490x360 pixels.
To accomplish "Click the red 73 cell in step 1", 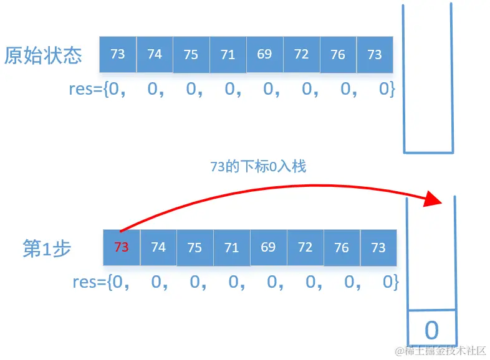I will [x=122, y=247].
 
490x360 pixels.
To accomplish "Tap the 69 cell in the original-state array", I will [x=264, y=54].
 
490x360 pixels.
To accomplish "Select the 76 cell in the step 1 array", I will [x=342, y=247].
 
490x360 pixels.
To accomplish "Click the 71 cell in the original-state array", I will [x=228, y=54].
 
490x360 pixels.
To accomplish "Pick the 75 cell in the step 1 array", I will [x=195, y=247].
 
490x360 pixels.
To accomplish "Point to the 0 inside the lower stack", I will [x=431, y=329].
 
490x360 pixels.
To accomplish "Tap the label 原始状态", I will [x=43, y=56].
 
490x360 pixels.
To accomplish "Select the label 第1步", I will [x=47, y=249].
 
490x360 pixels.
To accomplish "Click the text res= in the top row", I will [x=86, y=89].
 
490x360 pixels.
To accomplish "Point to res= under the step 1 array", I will [x=90, y=282].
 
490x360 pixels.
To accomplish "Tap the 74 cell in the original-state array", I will [x=155, y=54].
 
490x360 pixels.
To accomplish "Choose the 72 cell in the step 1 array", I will [x=305, y=247].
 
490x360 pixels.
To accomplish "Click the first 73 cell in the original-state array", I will [x=118, y=54].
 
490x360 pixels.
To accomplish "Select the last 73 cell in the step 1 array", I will [x=378, y=247].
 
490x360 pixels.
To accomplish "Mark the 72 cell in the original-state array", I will [x=301, y=54].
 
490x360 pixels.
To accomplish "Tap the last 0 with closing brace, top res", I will [x=387, y=89].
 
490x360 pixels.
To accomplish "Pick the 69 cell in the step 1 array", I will [x=268, y=247].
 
